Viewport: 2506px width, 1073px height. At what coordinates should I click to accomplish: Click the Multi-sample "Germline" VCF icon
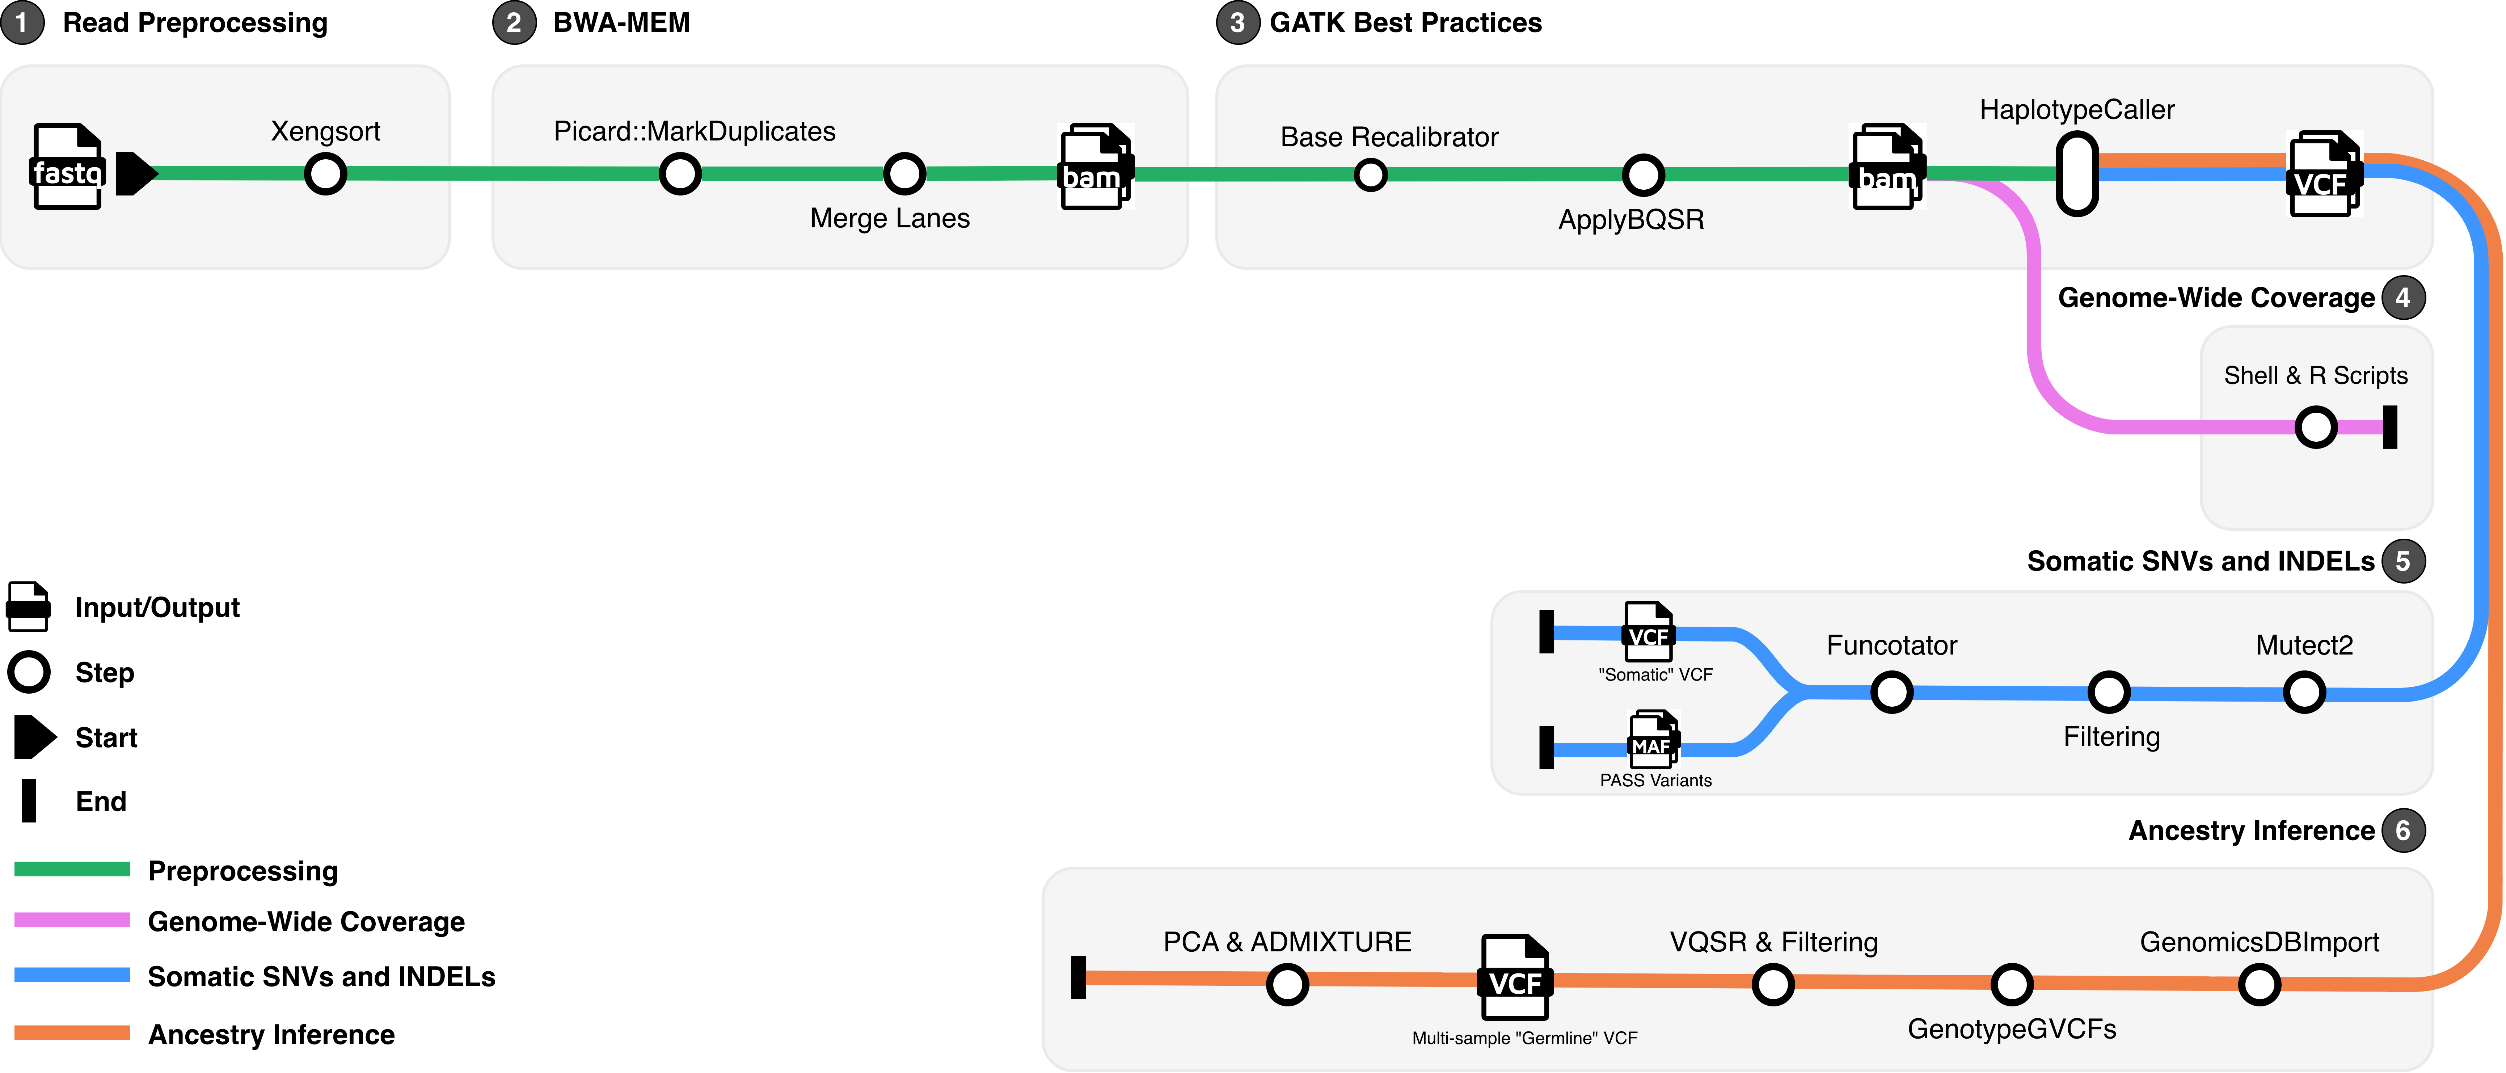1515,978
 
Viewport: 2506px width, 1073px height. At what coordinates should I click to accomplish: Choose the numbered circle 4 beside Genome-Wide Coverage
2403,298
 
